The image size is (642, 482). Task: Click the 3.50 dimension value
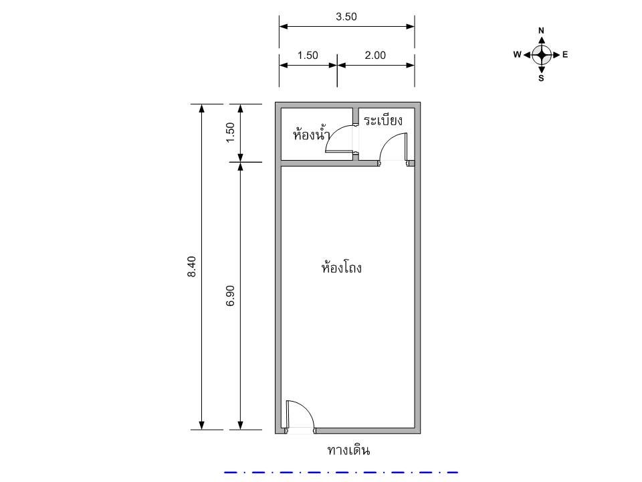(x=346, y=17)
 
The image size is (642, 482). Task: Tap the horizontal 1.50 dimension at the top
(x=308, y=56)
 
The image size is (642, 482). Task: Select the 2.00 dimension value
(x=375, y=56)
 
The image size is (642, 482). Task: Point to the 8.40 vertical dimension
(x=192, y=266)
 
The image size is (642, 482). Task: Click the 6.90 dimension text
(x=230, y=295)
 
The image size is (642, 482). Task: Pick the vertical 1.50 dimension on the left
(x=230, y=133)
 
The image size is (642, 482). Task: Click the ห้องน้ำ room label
(x=312, y=134)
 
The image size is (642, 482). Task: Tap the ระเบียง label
(x=383, y=120)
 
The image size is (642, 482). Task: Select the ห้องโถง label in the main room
(x=342, y=267)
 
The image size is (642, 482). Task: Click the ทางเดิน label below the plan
(x=349, y=451)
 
